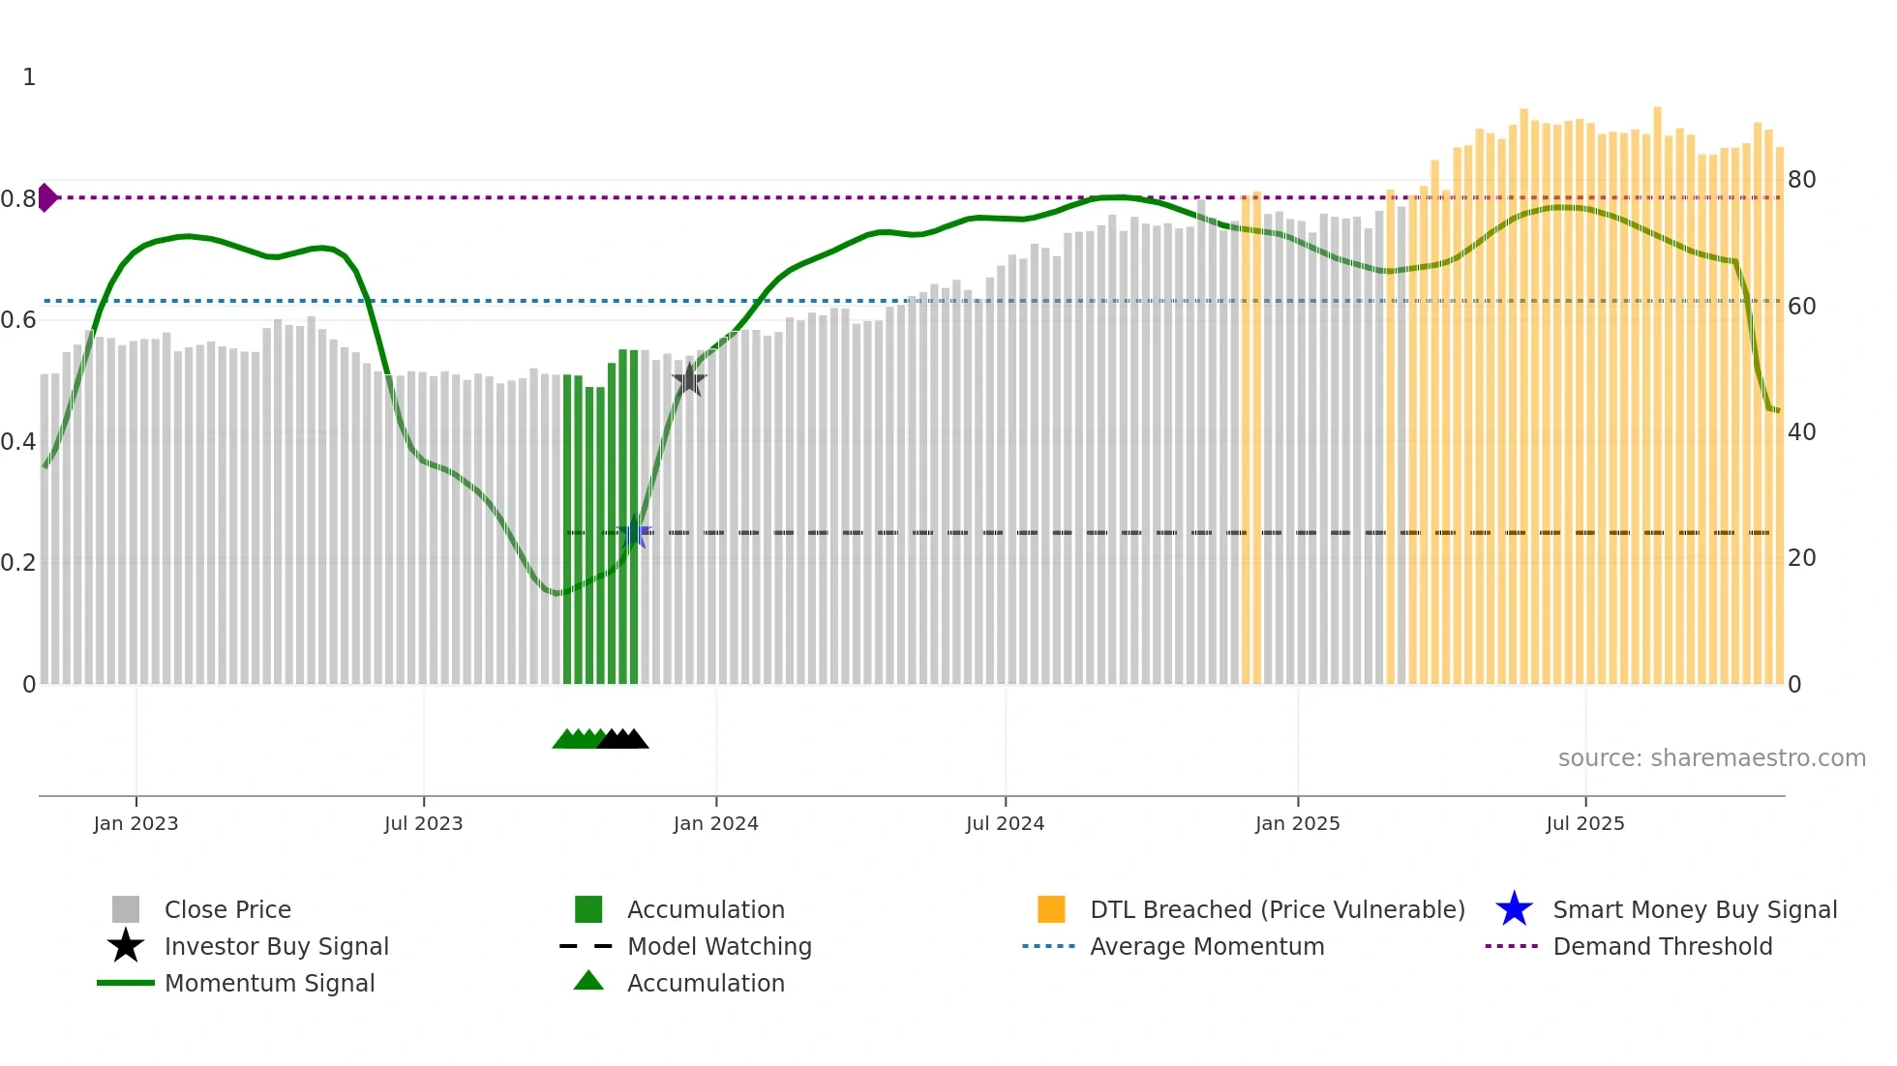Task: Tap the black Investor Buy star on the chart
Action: click(x=689, y=380)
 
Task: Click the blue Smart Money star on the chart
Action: click(x=634, y=532)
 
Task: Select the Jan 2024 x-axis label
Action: click(x=715, y=823)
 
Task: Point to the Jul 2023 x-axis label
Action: click(x=423, y=823)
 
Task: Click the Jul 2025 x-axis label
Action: click(x=1584, y=823)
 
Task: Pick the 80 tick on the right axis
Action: click(x=1801, y=180)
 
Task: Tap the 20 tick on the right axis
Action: click(x=1801, y=558)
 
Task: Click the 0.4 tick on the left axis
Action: click(x=18, y=442)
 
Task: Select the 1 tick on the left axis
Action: click(x=29, y=77)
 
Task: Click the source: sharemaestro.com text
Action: click(x=1711, y=757)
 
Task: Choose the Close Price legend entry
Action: click(x=227, y=909)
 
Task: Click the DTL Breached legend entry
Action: click(x=1277, y=909)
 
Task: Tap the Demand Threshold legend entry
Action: click(x=1662, y=946)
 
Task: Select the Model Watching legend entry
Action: click(x=719, y=946)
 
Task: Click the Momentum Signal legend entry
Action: click(x=269, y=983)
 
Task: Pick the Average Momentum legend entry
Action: click(x=1207, y=946)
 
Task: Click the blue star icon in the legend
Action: click(x=1514, y=909)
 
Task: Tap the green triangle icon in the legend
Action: click(x=588, y=981)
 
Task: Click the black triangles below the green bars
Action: click(x=624, y=739)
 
